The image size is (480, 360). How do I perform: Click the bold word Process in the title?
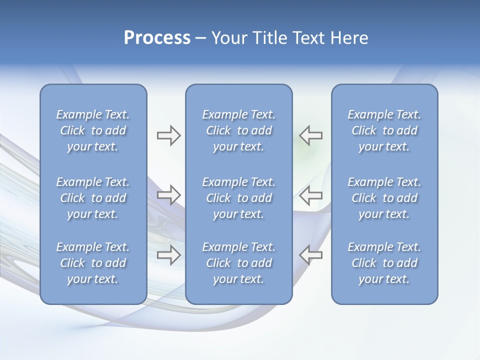tap(157, 38)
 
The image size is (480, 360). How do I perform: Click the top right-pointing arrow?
tap(169, 135)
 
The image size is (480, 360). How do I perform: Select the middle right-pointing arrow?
tap(169, 194)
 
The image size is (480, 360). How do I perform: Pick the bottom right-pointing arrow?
tap(169, 255)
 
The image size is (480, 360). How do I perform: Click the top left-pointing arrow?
tap(310, 135)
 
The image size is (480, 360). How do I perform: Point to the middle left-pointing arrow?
tap(310, 194)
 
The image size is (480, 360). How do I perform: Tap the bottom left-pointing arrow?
tap(310, 255)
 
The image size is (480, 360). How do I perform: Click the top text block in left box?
tap(93, 130)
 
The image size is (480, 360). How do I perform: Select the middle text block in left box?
tap(93, 198)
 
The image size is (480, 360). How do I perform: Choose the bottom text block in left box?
tap(93, 263)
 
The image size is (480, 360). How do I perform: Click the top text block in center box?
tap(239, 130)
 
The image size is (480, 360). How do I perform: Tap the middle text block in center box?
tap(239, 198)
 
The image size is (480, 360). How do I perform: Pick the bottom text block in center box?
tap(239, 263)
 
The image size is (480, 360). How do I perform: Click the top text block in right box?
tap(384, 130)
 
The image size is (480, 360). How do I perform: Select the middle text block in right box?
tap(384, 198)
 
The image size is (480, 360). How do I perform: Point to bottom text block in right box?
tap(384, 263)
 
